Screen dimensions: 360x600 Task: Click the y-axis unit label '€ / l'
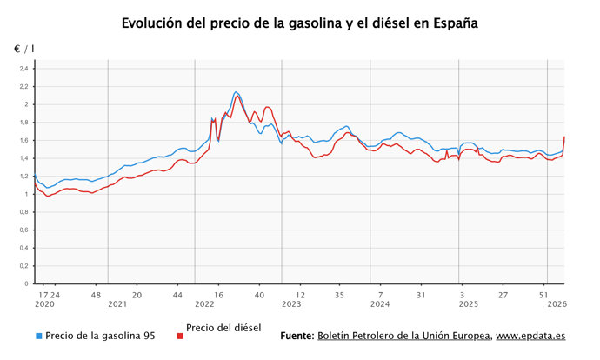coord(23,50)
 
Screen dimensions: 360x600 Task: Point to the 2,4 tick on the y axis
coord(24,69)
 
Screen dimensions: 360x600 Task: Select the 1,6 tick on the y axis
coord(24,140)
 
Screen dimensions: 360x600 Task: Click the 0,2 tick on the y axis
coord(24,265)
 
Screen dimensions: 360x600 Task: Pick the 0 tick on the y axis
coord(27,283)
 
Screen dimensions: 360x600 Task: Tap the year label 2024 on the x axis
coord(379,304)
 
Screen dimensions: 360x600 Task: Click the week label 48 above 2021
coord(98,295)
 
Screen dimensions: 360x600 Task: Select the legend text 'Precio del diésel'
coord(223,327)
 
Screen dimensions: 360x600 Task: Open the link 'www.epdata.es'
coord(531,336)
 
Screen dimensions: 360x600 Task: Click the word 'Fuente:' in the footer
coord(297,336)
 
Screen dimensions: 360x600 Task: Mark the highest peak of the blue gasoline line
coord(236,91)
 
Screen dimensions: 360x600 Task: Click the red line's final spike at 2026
coord(564,137)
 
